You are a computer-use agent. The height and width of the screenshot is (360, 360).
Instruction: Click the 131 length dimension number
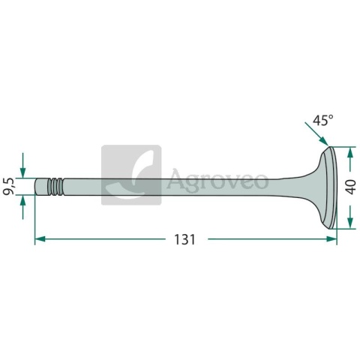[184, 239]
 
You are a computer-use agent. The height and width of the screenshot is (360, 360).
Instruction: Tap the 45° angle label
[323, 120]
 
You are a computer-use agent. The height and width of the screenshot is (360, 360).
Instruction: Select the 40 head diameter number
[351, 187]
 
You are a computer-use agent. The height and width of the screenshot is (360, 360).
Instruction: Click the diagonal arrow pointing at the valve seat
[316, 133]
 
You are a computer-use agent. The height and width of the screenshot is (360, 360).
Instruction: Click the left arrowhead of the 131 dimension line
[40, 239]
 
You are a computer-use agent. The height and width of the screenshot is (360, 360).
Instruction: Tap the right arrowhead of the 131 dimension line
[331, 239]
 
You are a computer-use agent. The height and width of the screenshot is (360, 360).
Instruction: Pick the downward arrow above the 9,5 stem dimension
[22, 165]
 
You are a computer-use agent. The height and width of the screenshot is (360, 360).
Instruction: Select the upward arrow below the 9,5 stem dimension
[22, 207]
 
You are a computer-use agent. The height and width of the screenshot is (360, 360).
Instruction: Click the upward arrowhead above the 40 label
[350, 152]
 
